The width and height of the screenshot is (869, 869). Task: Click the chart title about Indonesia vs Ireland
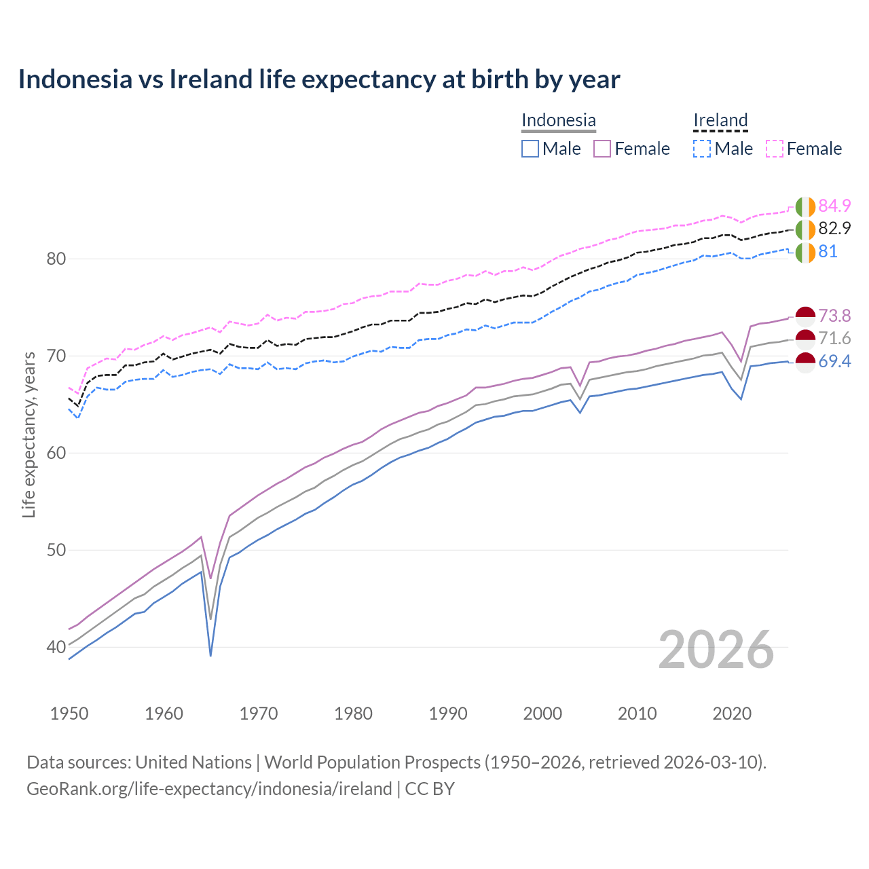(318, 79)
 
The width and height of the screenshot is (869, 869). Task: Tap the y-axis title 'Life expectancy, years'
(29, 434)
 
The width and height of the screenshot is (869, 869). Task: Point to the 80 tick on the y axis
(56, 259)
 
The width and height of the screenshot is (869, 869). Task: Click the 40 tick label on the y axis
(56, 647)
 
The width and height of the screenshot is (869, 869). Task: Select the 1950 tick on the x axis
(69, 714)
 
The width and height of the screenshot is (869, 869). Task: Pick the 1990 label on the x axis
(448, 714)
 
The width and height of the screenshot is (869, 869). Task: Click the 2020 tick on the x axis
(732, 714)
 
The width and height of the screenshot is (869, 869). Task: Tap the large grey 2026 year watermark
(716, 650)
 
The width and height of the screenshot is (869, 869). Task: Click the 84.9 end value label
(834, 206)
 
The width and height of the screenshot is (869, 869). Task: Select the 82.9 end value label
(834, 228)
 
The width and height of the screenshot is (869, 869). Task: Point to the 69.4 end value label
(834, 361)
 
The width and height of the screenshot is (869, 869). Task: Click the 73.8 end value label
(834, 316)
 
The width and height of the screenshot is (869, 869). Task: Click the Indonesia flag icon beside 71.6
(805, 339)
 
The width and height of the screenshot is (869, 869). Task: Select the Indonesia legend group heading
(558, 120)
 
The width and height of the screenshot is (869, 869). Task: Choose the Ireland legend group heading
(720, 120)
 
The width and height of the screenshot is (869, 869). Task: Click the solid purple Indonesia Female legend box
(602, 149)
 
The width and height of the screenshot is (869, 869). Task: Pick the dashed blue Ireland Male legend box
(702, 149)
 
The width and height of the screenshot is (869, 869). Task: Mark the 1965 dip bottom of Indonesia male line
(210, 655)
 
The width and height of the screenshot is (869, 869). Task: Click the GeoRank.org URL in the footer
(209, 788)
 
